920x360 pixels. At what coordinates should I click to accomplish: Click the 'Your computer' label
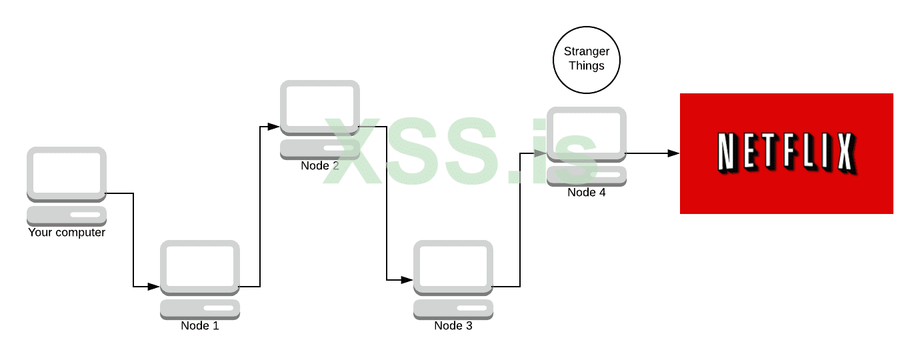click(67, 233)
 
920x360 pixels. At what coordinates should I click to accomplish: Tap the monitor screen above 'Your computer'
click(67, 171)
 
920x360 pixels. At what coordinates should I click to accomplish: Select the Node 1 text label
click(200, 326)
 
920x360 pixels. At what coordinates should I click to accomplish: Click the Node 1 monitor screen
click(200, 265)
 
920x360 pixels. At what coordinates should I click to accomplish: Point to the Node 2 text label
click(320, 165)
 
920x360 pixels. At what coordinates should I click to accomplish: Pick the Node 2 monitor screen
click(320, 105)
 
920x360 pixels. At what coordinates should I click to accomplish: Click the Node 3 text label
click(453, 326)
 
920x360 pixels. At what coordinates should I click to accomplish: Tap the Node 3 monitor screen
click(453, 265)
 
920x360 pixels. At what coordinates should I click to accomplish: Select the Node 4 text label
click(587, 193)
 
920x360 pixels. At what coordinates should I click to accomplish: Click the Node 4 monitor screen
click(587, 131)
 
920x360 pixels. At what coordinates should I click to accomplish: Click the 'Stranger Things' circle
click(587, 60)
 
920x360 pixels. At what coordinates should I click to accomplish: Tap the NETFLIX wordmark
click(785, 153)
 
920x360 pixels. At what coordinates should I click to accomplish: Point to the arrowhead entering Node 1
click(154, 287)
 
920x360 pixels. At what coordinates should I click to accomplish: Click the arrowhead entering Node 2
click(274, 126)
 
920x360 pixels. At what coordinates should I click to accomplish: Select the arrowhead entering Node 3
click(407, 280)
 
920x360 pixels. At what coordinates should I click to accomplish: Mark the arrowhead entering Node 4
click(541, 153)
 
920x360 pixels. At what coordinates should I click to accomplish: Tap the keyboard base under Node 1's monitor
click(200, 309)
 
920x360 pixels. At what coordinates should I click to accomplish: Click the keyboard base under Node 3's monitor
click(453, 309)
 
